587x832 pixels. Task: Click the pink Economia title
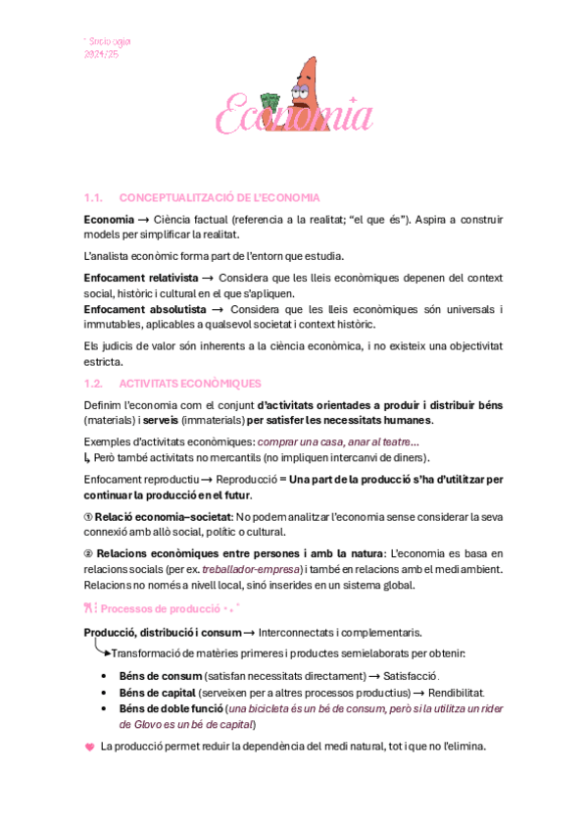pyautogui.click(x=294, y=116)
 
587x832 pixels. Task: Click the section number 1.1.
pyautogui.click(x=95, y=196)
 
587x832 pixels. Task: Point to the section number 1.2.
pyautogui.click(x=95, y=384)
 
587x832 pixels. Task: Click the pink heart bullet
pyautogui.click(x=90, y=747)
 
